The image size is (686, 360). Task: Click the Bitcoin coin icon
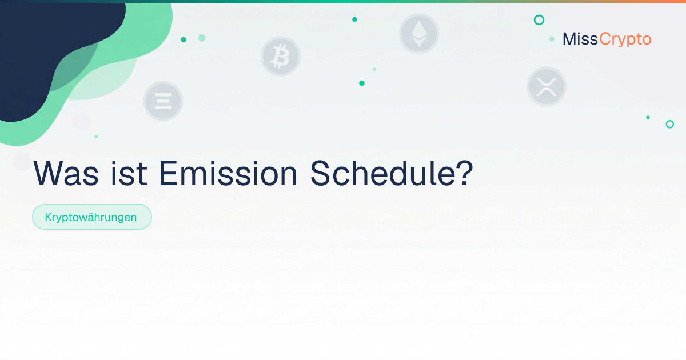point(281,57)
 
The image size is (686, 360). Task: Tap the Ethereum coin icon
point(419,34)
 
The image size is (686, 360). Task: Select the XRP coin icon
point(547,87)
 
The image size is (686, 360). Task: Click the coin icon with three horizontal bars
point(163,101)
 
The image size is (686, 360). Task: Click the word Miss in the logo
point(580,39)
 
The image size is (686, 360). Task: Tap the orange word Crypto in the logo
point(625,40)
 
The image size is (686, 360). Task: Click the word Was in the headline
point(66,174)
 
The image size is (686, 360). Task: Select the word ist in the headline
point(129,173)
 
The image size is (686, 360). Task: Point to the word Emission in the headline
point(228,173)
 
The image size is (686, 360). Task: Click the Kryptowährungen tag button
point(92,217)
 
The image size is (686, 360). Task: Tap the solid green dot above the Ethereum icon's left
point(354,19)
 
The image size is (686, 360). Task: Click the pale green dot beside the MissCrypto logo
point(552,39)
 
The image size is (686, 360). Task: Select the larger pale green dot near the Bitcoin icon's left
point(202,38)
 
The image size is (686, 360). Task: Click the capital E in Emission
point(169,174)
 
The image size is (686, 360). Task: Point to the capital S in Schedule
point(321,173)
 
